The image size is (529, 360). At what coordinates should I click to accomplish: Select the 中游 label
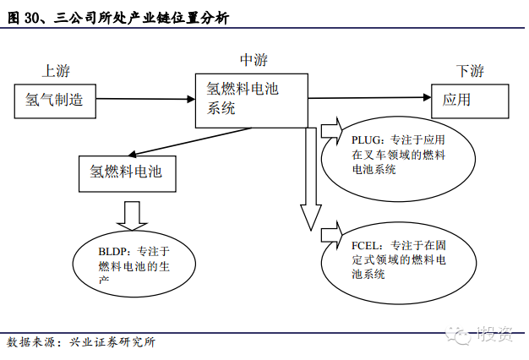(254, 59)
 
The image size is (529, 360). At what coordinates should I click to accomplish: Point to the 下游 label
(470, 71)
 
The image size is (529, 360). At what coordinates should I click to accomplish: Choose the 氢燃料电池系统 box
(252, 98)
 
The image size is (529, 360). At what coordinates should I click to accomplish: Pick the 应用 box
(470, 100)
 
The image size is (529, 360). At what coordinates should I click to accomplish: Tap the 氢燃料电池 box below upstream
(127, 172)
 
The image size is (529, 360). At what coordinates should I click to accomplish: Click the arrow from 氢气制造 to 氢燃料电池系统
(143, 99)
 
